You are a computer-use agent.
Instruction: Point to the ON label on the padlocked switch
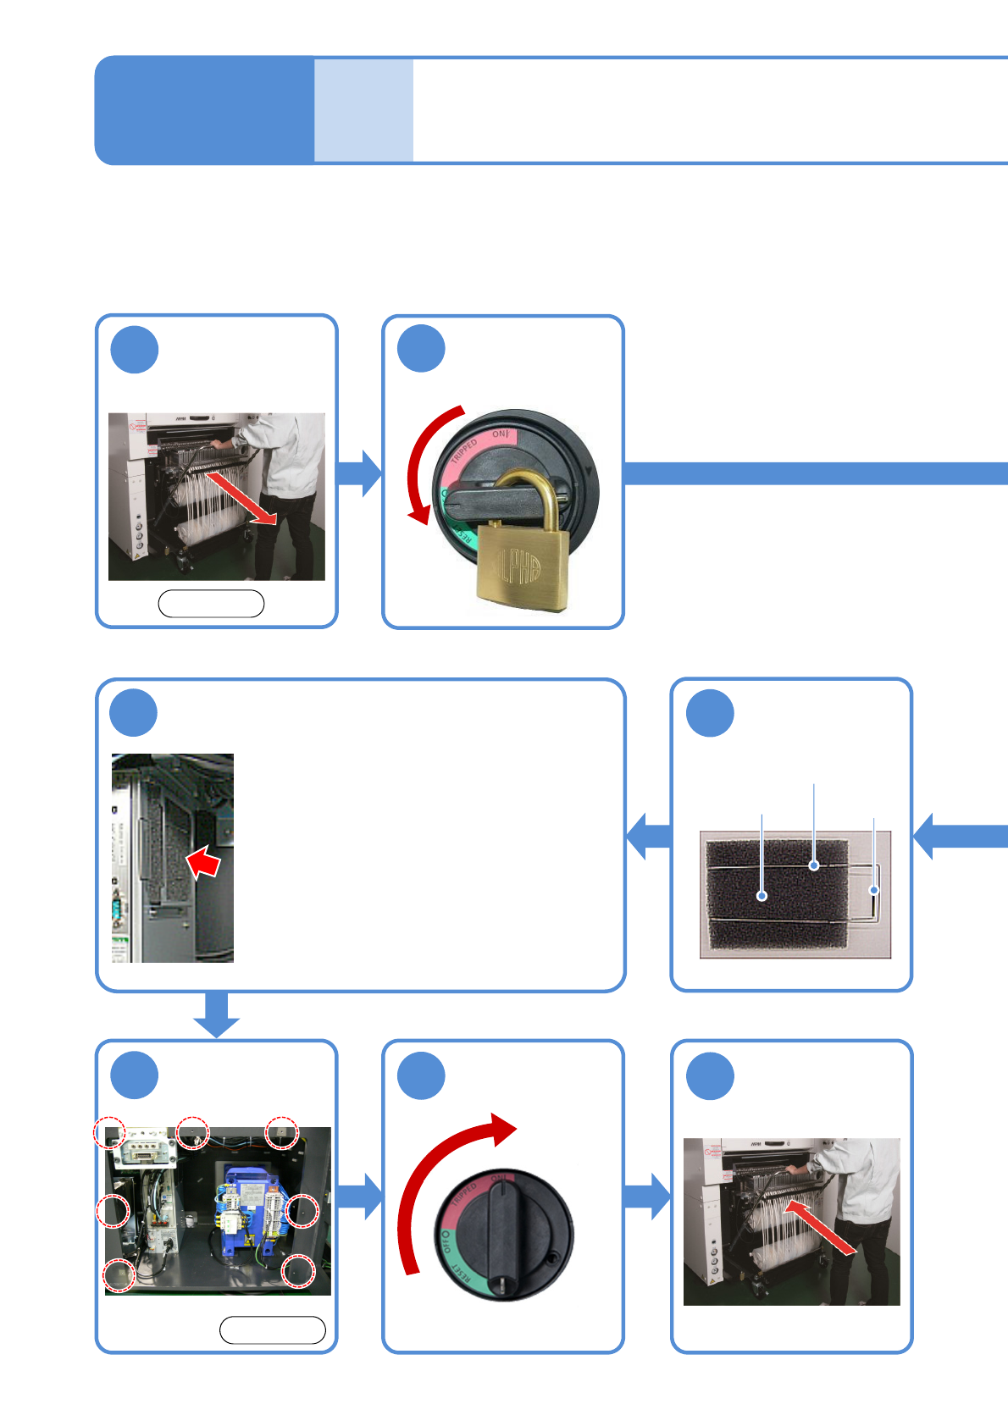[x=501, y=434]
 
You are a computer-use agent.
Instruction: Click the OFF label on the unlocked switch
[x=446, y=1242]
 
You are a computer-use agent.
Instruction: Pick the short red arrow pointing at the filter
[x=203, y=864]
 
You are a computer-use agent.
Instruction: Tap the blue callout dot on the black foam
[x=762, y=896]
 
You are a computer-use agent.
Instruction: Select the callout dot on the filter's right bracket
[x=873, y=891]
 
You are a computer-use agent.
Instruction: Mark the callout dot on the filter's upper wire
[x=814, y=865]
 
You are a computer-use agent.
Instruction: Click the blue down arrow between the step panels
[x=217, y=1014]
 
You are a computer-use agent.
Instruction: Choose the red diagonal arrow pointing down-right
[x=241, y=500]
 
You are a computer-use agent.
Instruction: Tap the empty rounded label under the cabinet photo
[x=272, y=1330]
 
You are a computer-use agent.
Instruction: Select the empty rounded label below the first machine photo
[x=211, y=604]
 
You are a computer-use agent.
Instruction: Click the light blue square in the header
[x=363, y=110]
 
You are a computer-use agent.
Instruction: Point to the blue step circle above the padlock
[x=421, y=349]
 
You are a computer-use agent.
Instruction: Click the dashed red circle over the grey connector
[x=110, y=1131]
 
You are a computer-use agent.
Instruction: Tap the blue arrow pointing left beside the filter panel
[x=649, y=836]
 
